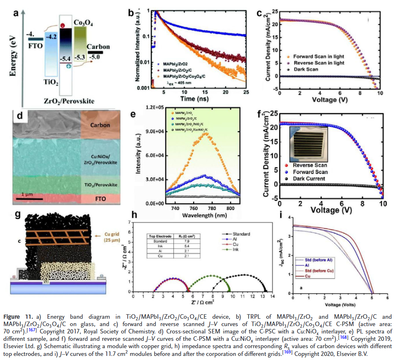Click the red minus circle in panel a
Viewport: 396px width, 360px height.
point(62,26)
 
